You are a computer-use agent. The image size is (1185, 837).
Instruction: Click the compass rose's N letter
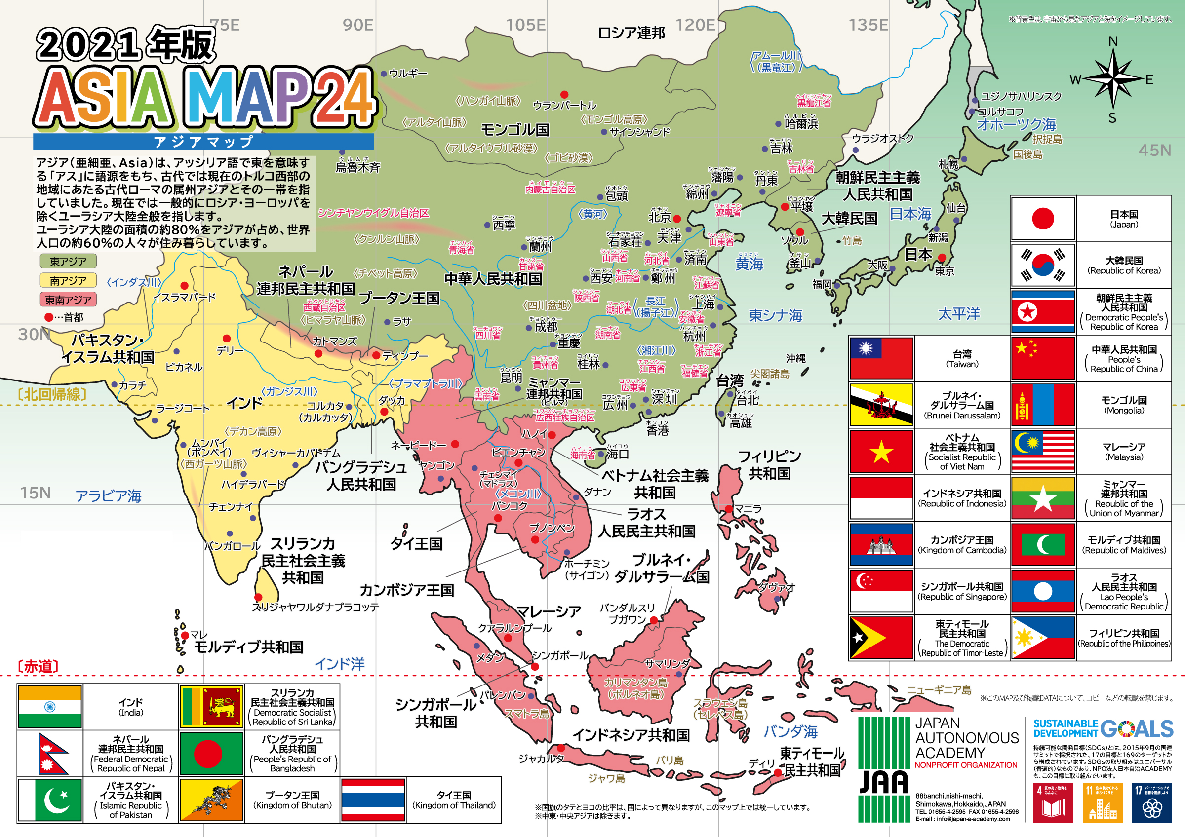[x=1113, y=41]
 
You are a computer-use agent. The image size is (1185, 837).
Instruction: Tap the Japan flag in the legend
[x=1043, y=219]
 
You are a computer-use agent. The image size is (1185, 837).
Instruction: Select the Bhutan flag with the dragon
[x=212, y=800]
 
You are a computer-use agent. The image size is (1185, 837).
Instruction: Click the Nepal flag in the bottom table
[x=50, y=754]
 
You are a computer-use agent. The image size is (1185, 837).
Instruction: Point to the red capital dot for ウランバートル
[x=564, y=94]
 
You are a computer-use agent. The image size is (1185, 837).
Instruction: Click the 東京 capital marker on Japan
[x=942, y=257]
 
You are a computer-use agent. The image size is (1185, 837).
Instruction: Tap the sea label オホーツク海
[x=1016, y=124]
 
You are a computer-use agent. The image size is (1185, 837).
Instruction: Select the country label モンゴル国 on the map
[x=514, y=129]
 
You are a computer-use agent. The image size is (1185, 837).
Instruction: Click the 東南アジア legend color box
[x=68, y=300]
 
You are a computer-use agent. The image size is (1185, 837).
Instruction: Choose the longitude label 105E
[x=525, y=25]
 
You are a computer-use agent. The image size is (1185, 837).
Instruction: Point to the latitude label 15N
[x=35, y=493]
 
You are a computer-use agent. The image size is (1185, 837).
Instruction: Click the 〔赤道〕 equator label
[x=38, y=666]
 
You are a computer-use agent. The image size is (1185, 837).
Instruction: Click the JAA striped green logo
[x=884, y=769]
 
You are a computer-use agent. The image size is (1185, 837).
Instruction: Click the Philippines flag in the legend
[x=1043, y=638]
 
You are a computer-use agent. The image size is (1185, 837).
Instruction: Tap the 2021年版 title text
[x=125, y=45]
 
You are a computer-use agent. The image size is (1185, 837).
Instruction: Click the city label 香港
[x=658, y=430]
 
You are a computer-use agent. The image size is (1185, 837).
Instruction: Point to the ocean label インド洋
[x=340, y=664]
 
